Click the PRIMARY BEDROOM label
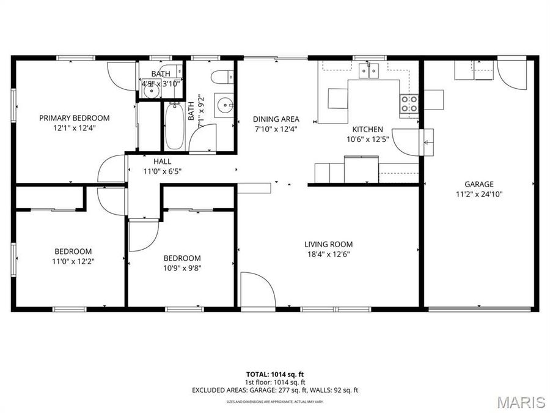pyautogui.click(x=74, y=118)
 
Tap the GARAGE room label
pyautogui.click(x=479, y=184)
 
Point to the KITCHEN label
pyautogui.click(x=367, y=129)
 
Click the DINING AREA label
pyautogui.click(x=276, y=119)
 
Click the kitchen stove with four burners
pyautogui.click(x=409, y=104)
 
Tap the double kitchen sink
pyautogui.click(x=369, y=72)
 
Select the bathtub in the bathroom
pyautogui.click(x=174, y=125)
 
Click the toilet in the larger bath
pyautogui.click(x=221, y=76)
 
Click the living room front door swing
pyautogui.click(x=257, y=290)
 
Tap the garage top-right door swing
pyautogui.click(x=511, y=75)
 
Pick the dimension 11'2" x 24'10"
pyautogui.click(x=479, y=194)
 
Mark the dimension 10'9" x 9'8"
pyautogui.click(x=182, y=268)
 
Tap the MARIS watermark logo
pyautogui.click(x=521, y=402)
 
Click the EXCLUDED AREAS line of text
pyautogui.click(x=275, y=390)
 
